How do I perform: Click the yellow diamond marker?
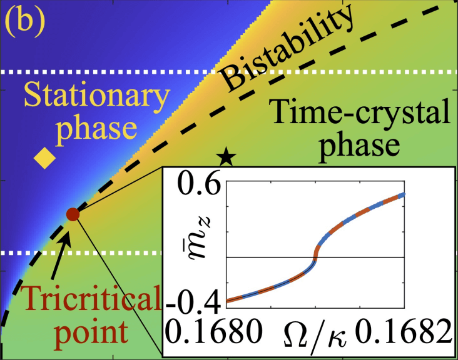pos(44,159)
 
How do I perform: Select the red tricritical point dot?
pos(73,214)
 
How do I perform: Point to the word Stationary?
pos(89,98)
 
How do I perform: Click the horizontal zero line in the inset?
pos(363,256)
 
